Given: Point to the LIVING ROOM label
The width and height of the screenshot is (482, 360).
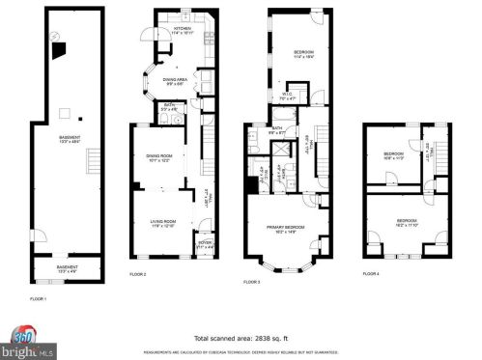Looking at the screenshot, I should click(x=161, y=223).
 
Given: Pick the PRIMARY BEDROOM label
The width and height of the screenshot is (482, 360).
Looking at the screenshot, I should click(x=285, y=227).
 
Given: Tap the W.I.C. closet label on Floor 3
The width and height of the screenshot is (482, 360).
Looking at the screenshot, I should click(x=286, y=97).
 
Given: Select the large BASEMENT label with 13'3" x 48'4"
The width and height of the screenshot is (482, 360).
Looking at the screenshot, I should click(x=69, y=139).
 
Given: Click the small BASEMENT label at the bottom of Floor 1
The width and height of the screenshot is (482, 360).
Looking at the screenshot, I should click(x=67, y=268).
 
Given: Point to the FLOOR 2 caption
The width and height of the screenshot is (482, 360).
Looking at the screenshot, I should click(x=138, y=275).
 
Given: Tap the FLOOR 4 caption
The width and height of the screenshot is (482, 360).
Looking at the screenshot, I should click(x=371, y=275).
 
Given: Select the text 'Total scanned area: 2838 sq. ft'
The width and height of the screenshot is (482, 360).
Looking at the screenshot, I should click(x=241, y=338).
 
